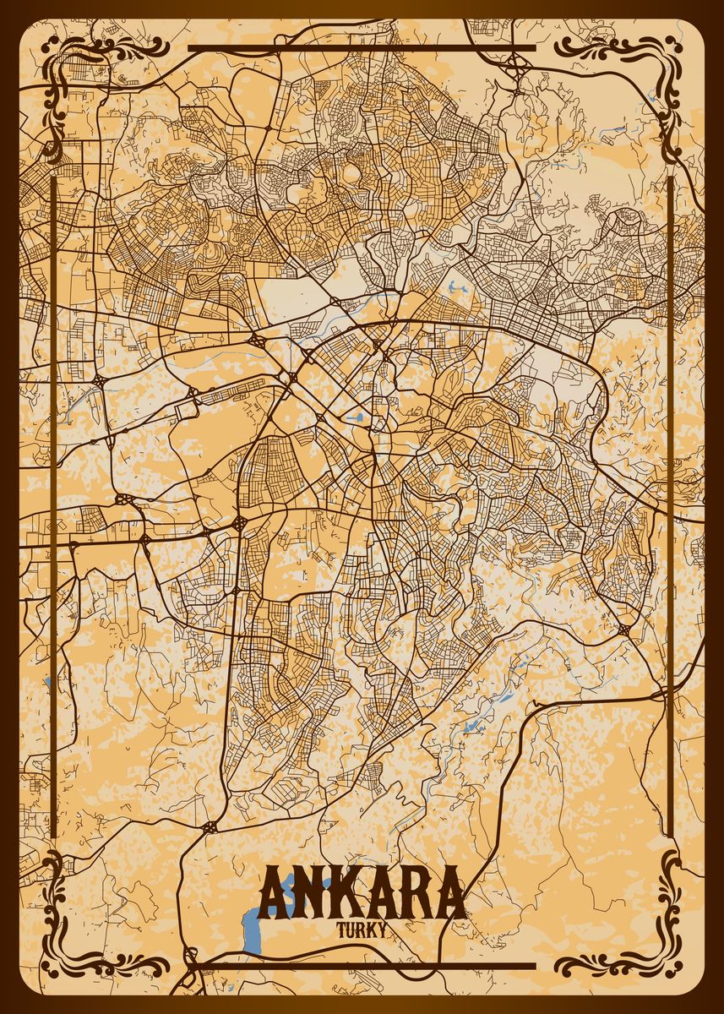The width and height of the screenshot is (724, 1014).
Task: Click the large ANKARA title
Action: point(362,893)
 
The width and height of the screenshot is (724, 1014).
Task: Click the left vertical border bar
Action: point(54,507)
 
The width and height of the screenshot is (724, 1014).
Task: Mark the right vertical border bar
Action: point(670,507)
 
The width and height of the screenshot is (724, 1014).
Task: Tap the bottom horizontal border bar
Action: point(362,965)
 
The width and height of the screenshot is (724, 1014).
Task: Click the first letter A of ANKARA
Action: point(274,893)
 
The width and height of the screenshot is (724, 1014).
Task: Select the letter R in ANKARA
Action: point(414,893)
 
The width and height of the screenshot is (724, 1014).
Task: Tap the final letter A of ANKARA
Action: point(449,893)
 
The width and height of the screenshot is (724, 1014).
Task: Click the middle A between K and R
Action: point(378,893)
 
